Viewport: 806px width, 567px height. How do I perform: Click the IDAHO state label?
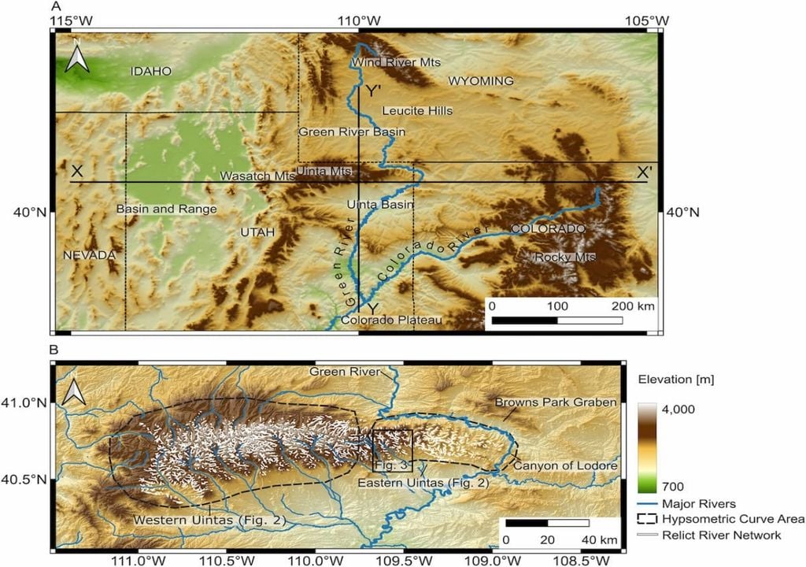pos(150,71)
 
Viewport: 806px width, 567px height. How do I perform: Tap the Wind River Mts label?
pos(396,62)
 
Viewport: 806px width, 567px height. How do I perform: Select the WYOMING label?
pos(480,81)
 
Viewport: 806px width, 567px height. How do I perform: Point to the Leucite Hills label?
pos(417,111)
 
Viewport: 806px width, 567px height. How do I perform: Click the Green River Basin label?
pos(352,132)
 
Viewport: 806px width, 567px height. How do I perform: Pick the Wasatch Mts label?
pos(257,176)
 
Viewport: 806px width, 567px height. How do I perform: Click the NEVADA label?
pos(90,255)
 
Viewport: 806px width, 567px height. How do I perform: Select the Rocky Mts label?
pos(565,258)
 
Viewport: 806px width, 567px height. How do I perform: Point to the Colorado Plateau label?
pos(391,320)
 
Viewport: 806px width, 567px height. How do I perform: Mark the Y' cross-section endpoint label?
pos(372,91)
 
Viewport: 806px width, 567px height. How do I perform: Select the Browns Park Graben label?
pos(555,402)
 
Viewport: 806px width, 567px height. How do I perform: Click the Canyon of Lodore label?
pos(564,466)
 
